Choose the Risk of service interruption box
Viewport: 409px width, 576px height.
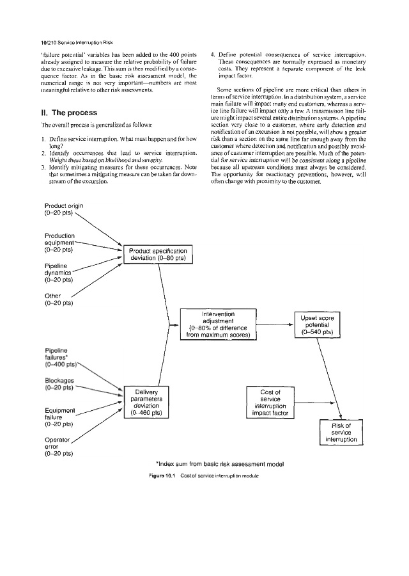point(339,433)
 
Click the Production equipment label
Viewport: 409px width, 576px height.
point(59,243)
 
